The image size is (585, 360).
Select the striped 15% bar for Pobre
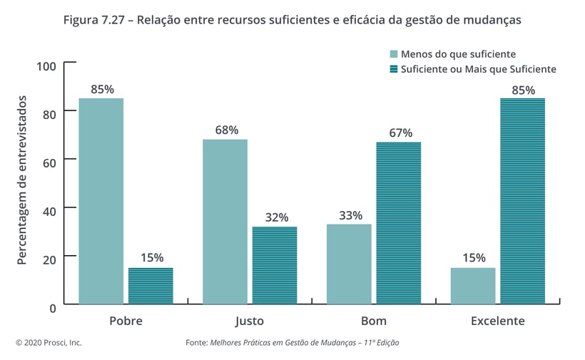(x=151, y=286)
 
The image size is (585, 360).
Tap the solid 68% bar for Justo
(x=225, y=222)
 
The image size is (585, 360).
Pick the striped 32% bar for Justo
(x=275, y=265)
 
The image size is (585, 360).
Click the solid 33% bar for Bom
(x=349, y=264)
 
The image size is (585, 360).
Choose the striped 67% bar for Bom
(x=399, y=223)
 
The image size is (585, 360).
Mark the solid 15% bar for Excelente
(x=473, y=286)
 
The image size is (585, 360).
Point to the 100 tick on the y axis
(x=46, y=66)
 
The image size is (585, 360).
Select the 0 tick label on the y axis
(x=53, y=307)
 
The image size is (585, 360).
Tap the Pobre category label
(x=126, y=321)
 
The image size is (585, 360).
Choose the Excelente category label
(x=497, y=321)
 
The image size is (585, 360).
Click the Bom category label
(x=374, y=321)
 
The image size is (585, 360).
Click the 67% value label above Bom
(x=400, y=133)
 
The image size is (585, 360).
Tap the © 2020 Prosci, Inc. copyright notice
(x=49, y=343)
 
